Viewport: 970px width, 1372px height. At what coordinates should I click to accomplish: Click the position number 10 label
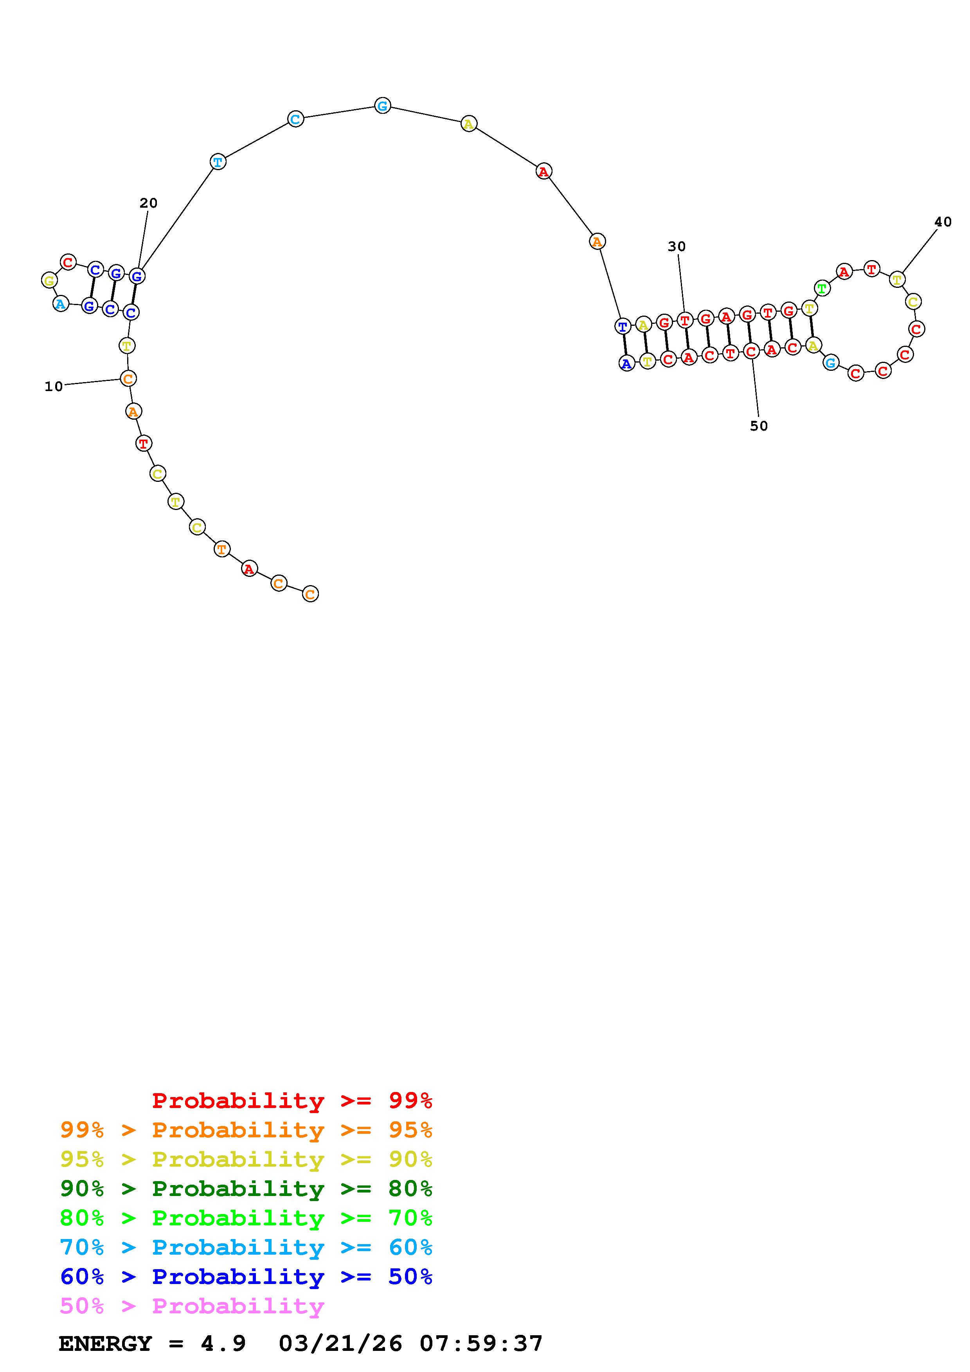tap(54, 387)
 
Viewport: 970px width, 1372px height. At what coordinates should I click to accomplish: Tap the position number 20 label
tap(149, 203)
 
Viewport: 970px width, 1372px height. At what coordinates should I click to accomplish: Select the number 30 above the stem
tap(677, 246)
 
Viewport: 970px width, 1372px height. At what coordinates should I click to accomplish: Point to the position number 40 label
tap(943, 222)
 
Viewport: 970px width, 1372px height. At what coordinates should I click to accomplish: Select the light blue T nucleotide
tap(218, 162)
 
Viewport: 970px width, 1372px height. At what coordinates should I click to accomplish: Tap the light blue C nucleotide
tap(295, 119)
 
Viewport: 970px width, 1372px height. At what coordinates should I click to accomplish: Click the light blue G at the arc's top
tap(383, 106)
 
